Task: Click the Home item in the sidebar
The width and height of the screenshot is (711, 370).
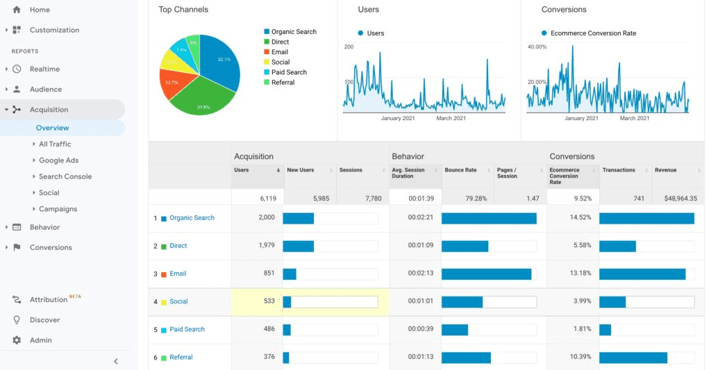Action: (x=40, y=10)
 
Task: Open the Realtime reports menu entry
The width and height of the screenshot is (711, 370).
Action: (x=44, y=69)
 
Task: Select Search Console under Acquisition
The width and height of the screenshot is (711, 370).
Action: (x=65, y=176)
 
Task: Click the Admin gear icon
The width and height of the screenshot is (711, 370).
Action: (x=17, y=340)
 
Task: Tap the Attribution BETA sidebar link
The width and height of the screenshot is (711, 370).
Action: (x=49, y=300)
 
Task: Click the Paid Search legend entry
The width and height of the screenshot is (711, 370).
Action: (x=289, y=72)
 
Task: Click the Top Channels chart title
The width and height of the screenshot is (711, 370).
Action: (x=183, y=10)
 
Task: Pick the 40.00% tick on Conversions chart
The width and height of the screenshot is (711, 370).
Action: (x=537, y=47)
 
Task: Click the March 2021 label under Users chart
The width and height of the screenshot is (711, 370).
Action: (x=451, y=118)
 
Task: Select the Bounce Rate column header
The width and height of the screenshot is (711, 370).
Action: (x=460, y=170)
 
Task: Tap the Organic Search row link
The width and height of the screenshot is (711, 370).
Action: (x=192, y=218)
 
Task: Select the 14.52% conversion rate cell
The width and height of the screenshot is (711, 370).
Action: (x=580, y=218)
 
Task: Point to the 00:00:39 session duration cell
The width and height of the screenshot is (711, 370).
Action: (x=421, y=329)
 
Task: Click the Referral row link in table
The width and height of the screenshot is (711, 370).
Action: (x=181, y=358)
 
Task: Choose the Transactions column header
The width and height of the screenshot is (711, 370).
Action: (x=619, y=170)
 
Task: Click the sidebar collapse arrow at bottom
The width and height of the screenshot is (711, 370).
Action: (x=116, y=361)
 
